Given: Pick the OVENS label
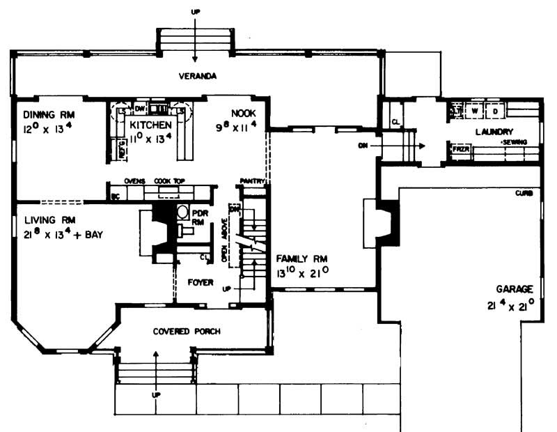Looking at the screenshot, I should point(134,180).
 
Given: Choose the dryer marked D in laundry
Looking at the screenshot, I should point(495,110).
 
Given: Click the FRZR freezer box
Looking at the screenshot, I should point(460,149).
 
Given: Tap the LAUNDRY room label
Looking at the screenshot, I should point(494,131).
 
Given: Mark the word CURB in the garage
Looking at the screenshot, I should point(524,193).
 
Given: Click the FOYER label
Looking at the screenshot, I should point(201,282).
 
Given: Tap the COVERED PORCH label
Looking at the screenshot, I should point(187,332).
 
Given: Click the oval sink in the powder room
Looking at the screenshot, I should point(182,213).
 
